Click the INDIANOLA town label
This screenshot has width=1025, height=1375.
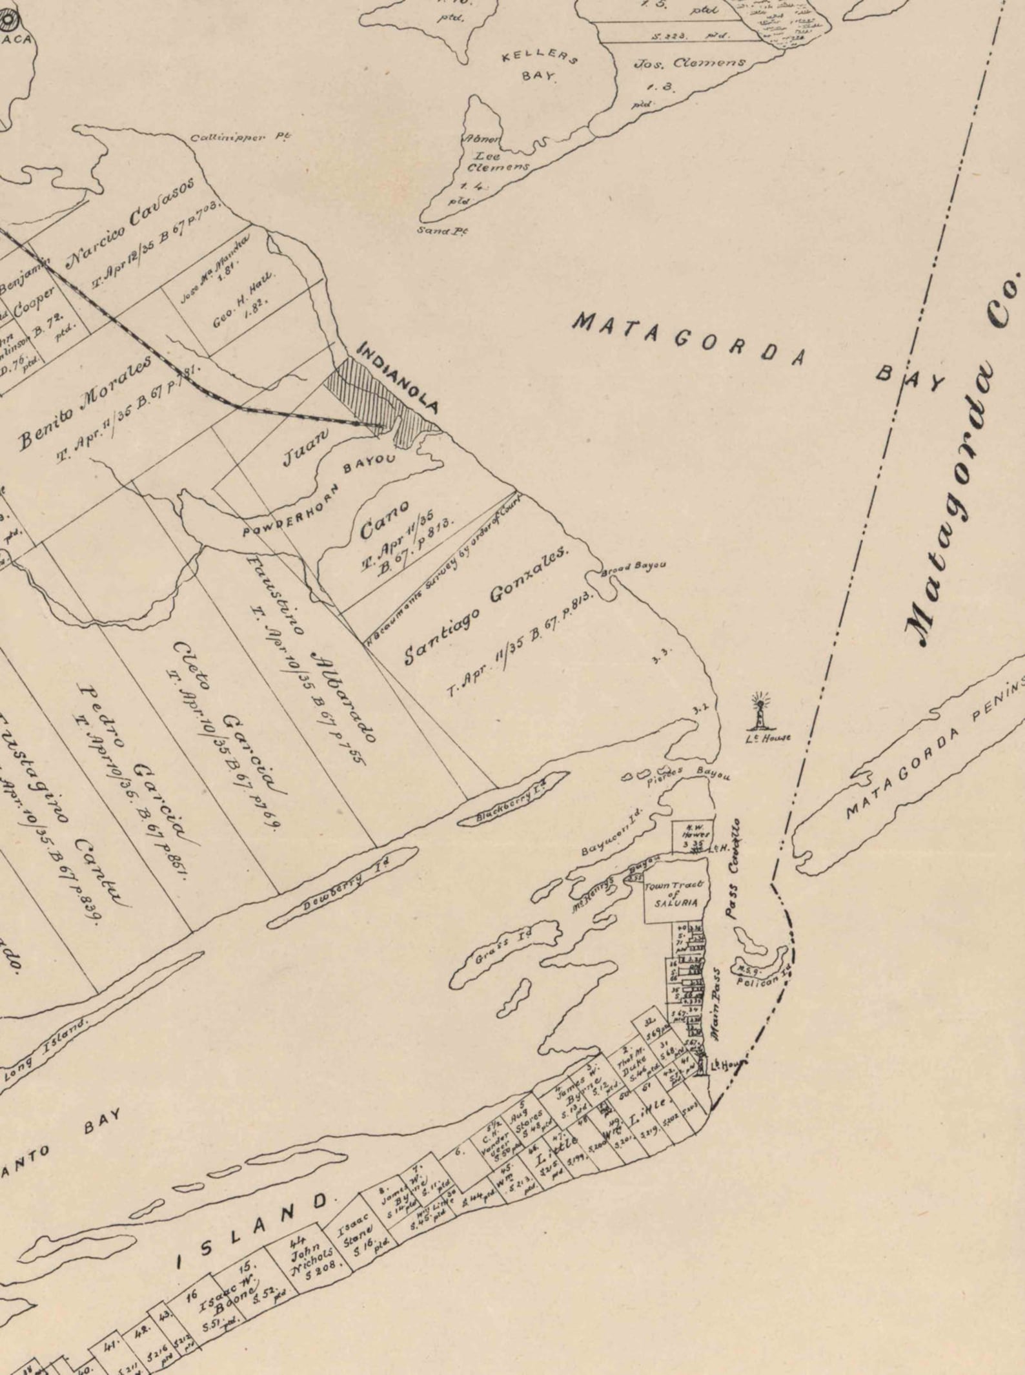coord(398,379)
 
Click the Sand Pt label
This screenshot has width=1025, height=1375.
coord(442,230)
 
